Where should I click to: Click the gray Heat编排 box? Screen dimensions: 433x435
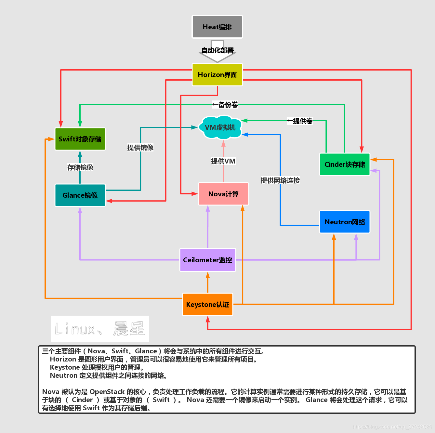tap(217, 27)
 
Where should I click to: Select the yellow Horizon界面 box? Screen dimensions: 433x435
tap(217, 75)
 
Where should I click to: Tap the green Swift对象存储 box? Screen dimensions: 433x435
tap(80, 139)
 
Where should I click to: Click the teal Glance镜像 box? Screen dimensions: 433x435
tap(80, 195)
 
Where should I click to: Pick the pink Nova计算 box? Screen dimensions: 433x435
tap(223, 194)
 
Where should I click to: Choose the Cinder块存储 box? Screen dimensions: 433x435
tap(345, 164)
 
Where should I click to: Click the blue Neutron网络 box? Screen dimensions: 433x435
tap(345, 222)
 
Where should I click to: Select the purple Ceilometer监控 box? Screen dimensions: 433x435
tap(208, 260)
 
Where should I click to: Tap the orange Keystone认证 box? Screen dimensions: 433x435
tap(208, 305)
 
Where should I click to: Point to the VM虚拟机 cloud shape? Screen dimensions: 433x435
tap(220, 127)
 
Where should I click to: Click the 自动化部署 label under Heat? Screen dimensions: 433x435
tap(217, 50)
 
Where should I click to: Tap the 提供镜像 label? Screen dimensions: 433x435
tap(140, 148)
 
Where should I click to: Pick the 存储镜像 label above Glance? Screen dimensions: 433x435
tap(80, 167)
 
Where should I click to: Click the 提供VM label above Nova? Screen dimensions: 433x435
tap(223, 161)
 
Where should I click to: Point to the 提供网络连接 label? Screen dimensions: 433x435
tap(280, 180)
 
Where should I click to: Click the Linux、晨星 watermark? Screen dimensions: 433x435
tap(100, 329)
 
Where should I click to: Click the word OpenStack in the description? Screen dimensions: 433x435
tap(107, 392)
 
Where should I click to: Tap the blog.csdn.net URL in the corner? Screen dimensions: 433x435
tap(392, 426)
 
